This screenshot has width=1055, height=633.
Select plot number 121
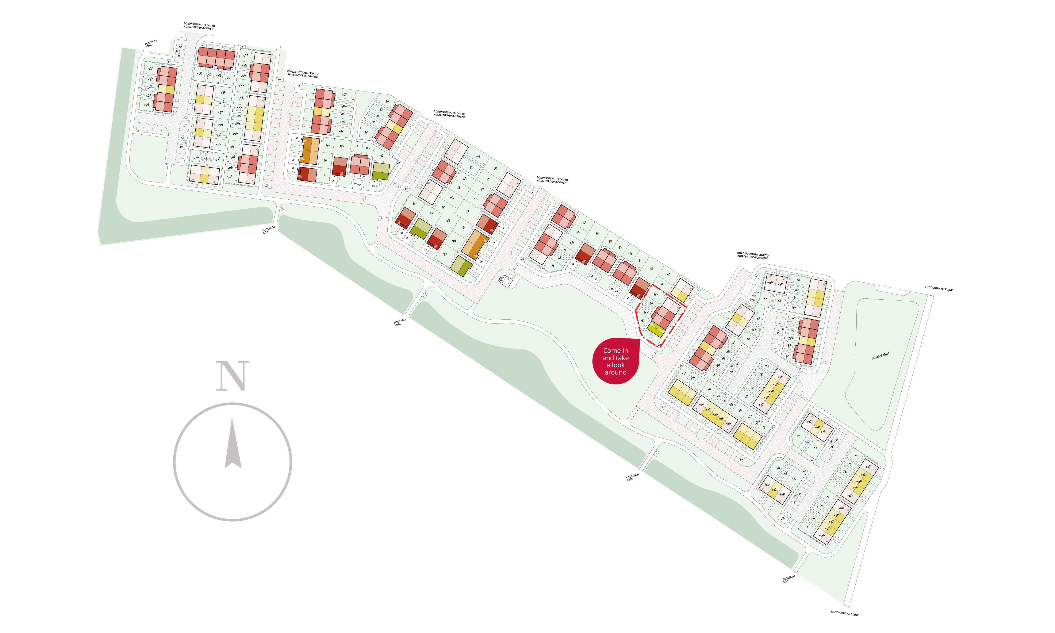[x=151, y=68]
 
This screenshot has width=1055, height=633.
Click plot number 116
[x=246, y=55]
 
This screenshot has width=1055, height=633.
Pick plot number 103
[x=345, y=95]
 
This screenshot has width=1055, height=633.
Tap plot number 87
[x=388, y=101]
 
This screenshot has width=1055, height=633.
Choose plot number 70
[x=495, y=169]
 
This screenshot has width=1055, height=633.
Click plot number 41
[x=798, y=280]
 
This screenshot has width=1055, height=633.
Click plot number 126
[x=223, y=93]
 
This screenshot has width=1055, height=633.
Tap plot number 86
[x=478, y=157]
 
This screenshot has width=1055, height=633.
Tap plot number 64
[x=584, y=223]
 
